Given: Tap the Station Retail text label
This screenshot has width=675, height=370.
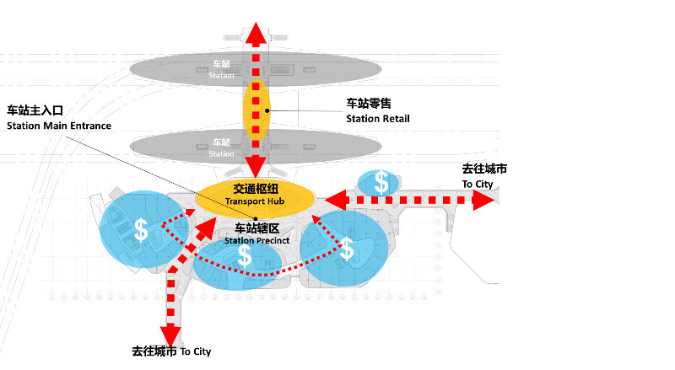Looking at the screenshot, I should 377,110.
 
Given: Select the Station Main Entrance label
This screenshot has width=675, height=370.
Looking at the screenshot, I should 59,118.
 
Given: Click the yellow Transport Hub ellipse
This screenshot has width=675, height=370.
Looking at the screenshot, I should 255,197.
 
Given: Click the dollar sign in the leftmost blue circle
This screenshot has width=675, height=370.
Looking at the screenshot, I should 141,229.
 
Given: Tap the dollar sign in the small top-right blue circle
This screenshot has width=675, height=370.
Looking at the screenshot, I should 382,181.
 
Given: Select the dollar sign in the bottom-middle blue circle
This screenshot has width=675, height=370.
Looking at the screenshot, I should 245,255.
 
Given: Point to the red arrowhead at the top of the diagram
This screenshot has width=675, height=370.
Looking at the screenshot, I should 256,34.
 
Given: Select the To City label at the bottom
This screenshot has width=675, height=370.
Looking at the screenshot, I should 171,351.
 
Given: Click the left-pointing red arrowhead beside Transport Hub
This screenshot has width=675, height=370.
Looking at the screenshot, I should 337,201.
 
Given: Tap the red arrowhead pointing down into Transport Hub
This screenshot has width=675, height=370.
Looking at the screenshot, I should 256,166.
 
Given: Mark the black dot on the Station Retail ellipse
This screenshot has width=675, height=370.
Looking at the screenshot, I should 268,110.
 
